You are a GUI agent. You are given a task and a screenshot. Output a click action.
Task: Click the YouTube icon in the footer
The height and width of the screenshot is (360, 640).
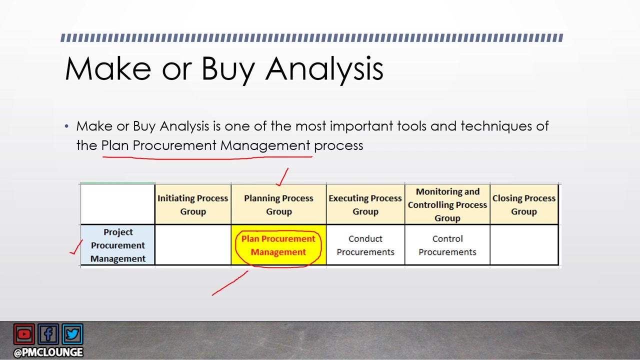point(24,334)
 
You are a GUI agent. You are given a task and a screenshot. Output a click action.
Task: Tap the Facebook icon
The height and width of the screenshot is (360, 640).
point(48,334)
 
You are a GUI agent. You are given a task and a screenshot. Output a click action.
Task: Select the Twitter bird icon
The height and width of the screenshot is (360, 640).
point(72,334)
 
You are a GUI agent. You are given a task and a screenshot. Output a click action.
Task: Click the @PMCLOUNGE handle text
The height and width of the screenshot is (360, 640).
point(48,352)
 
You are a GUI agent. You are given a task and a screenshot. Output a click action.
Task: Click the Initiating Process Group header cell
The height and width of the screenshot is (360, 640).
point(193,204)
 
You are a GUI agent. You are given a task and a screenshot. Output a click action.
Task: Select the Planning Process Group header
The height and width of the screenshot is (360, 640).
point(278,204)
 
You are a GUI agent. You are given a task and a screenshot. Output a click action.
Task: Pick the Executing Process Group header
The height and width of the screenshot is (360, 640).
point(365,204)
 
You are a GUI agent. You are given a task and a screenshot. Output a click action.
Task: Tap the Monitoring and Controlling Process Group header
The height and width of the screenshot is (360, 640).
point(447,204)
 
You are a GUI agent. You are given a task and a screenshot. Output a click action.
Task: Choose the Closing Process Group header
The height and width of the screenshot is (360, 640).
point(524,204)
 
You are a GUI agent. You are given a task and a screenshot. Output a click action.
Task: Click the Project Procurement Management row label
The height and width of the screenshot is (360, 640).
point(117,245)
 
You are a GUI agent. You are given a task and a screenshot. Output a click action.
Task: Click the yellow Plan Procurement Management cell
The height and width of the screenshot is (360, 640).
point(278,245)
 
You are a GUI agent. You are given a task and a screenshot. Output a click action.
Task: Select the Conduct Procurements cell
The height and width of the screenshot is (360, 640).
point(365,245)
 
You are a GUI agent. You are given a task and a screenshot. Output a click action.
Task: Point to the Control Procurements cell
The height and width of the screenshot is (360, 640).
point(447,245)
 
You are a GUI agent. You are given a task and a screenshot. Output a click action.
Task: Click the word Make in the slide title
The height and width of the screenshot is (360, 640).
point(108,68)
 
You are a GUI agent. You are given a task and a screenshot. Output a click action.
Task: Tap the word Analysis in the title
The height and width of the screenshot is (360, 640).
point(324,70)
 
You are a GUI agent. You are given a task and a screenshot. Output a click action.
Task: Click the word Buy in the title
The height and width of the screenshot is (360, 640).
point(228,70)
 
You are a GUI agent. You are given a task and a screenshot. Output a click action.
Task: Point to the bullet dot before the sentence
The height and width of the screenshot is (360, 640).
point(66,126)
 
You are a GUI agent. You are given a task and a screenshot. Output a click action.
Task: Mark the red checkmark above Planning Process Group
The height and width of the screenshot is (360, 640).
point(282,177)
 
